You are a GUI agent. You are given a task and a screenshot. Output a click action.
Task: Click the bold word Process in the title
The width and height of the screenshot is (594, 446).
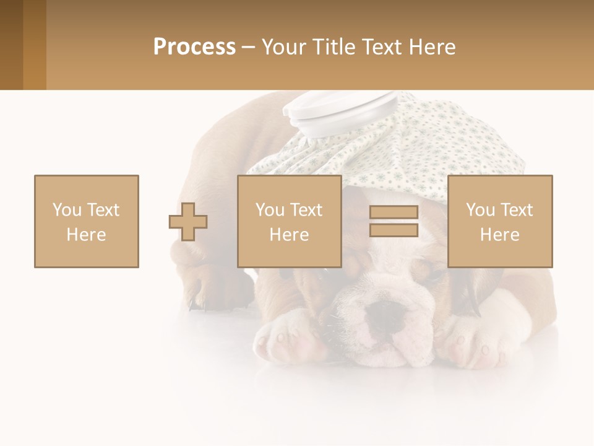194,47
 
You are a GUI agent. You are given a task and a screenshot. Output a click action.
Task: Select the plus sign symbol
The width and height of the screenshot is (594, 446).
188,221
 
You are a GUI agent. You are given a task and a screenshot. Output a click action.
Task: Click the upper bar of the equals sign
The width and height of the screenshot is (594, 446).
394,212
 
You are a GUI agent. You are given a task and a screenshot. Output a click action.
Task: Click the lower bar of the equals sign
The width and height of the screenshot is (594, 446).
394,230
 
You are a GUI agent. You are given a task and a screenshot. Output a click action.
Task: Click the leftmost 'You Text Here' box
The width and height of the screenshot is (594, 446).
87,221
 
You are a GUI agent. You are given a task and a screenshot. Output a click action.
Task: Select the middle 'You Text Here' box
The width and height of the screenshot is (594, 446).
290,221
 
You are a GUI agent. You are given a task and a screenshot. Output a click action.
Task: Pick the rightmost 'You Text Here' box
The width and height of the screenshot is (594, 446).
500,221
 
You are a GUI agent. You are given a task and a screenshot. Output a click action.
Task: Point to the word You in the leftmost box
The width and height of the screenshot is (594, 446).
66,210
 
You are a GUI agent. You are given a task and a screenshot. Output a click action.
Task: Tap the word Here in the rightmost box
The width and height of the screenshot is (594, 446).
500,235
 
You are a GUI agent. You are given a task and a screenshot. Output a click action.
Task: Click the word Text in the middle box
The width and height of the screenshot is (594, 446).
306,210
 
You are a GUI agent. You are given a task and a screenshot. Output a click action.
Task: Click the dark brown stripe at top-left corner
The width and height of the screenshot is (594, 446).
11,45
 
